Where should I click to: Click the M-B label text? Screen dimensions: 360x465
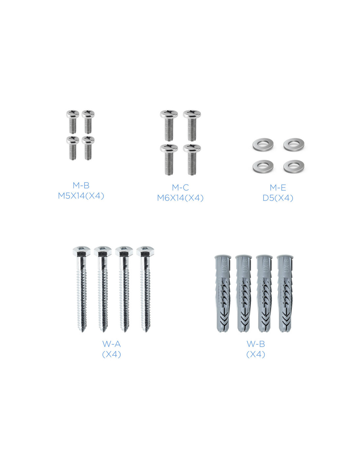81,185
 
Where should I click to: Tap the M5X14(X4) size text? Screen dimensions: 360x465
81,196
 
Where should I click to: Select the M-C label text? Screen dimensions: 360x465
180,188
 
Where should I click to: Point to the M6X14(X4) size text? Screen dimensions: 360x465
180,198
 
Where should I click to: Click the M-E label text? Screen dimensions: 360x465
278,188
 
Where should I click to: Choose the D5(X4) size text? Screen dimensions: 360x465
278,198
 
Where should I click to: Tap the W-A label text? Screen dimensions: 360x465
112,344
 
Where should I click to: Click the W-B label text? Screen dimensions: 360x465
256,344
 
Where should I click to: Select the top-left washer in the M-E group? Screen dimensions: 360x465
263,144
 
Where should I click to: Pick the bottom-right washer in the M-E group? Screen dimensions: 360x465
294,166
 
